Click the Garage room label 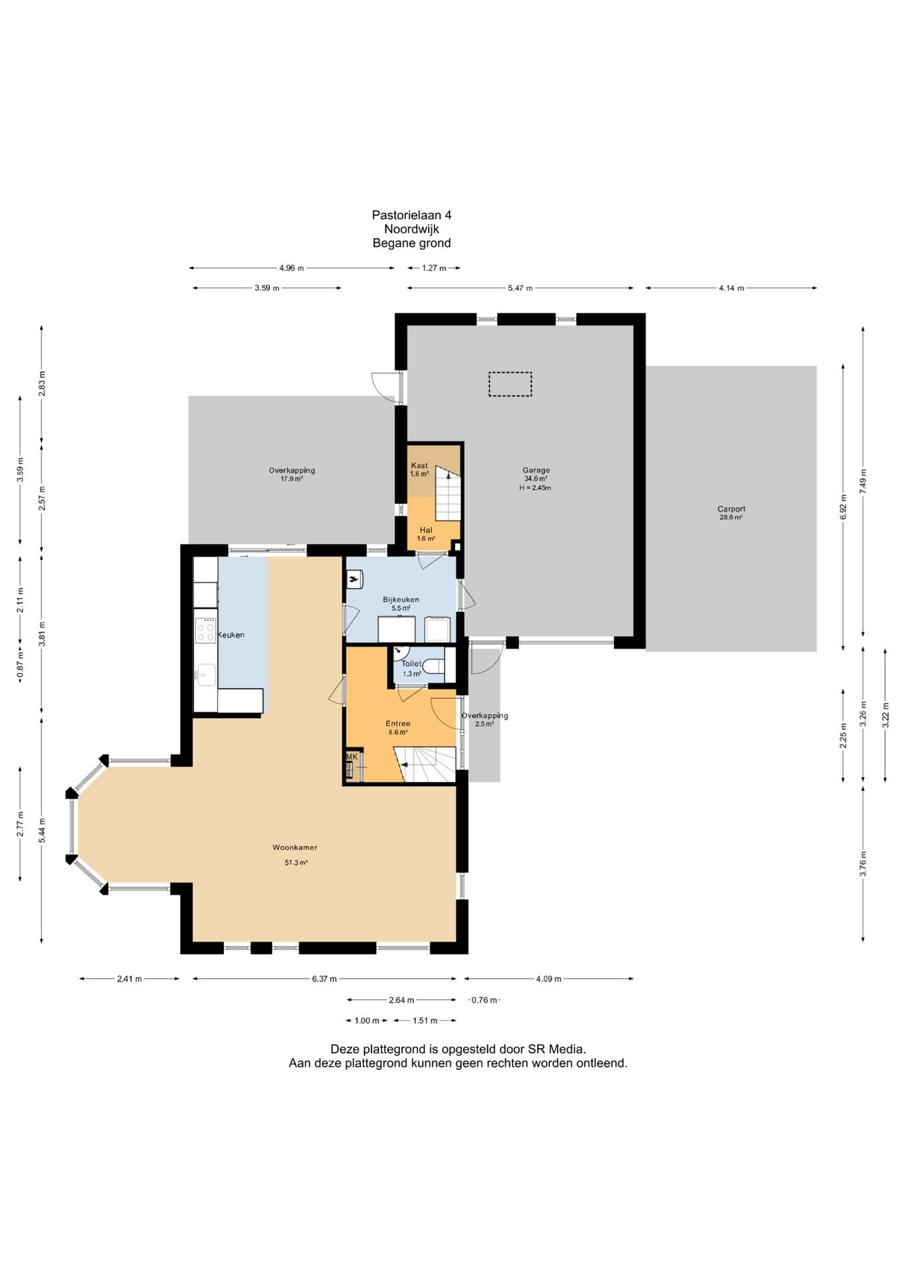point(536,470)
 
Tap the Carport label point(731,509)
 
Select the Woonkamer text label point(295,847)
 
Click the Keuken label point(231,635)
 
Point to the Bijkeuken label point(401,599)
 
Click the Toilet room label point(411,663)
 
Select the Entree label point(398,723)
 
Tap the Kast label point(419,465)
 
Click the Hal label point(426,530)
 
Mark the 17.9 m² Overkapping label point(292,470)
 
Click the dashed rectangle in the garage point(510,384)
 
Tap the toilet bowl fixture point(433,665)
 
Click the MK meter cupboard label point(351,757)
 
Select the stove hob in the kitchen point(205,630)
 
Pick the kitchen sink point(205,675)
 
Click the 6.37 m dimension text point(325,979)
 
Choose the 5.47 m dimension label point(520,288)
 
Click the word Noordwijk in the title point(411,229)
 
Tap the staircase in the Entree point(427,764)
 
